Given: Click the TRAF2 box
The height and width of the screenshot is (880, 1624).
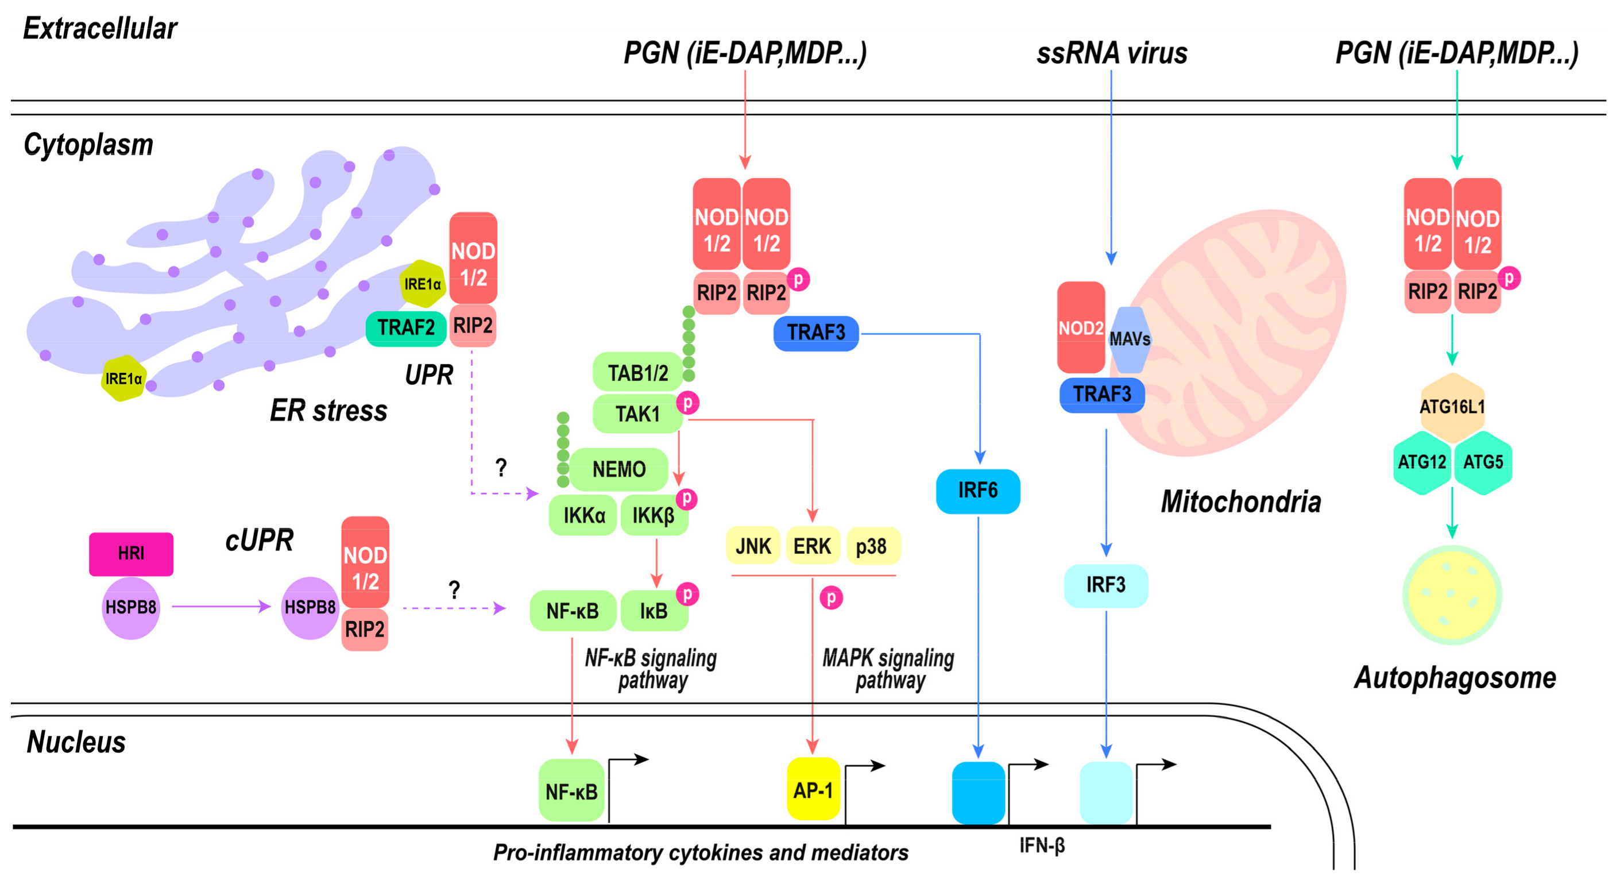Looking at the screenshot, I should click(406, 328).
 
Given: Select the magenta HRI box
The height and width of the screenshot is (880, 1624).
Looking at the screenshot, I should click(130, 553).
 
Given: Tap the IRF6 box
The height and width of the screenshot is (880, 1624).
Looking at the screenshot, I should click(977, 490).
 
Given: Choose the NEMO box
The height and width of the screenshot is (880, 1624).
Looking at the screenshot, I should click(618, 469).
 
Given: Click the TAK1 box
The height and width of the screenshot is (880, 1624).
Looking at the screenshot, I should click(637, 414).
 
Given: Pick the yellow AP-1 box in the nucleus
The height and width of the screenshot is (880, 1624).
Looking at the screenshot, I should click(813, 790).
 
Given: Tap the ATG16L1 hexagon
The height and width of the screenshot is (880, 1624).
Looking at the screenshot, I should click(1452, 407).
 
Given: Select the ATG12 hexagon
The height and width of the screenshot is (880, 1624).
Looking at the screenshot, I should click(1422, 462).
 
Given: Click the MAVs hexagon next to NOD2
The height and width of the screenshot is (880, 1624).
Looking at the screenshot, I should click(1130, 339).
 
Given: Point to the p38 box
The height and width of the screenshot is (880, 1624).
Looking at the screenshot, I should click(871, 546).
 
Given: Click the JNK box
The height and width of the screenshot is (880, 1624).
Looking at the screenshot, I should click(753, 546).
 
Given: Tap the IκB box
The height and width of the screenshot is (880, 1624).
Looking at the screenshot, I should click(654, 611).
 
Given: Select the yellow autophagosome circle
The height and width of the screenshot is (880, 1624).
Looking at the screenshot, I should click(1452, 595).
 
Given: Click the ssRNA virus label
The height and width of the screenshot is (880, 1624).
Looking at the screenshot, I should click(1111, 53).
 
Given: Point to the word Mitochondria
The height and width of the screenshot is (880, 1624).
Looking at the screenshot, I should click(1241, 502).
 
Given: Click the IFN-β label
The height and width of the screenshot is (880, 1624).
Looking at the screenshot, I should click(1042, 846).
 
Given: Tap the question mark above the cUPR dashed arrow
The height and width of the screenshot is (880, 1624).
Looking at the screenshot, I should click(454, 590).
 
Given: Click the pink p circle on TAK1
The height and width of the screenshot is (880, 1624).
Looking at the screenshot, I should click(688, 403).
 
